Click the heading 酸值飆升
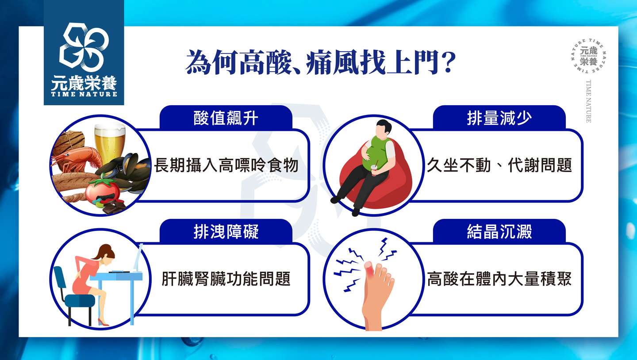[x=226, y=118]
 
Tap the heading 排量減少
[x=499, y=118]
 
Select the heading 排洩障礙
[x=226, y=231]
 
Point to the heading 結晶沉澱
[x=499, y=231]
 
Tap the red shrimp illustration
[x=77, y=159]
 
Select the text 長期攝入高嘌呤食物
[x=226, y=165]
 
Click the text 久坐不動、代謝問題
[x=499, y=165]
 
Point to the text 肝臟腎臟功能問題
[x=226, y=279]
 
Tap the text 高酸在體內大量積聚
[x=499, y=279]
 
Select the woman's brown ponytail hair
[x=104, y=252]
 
